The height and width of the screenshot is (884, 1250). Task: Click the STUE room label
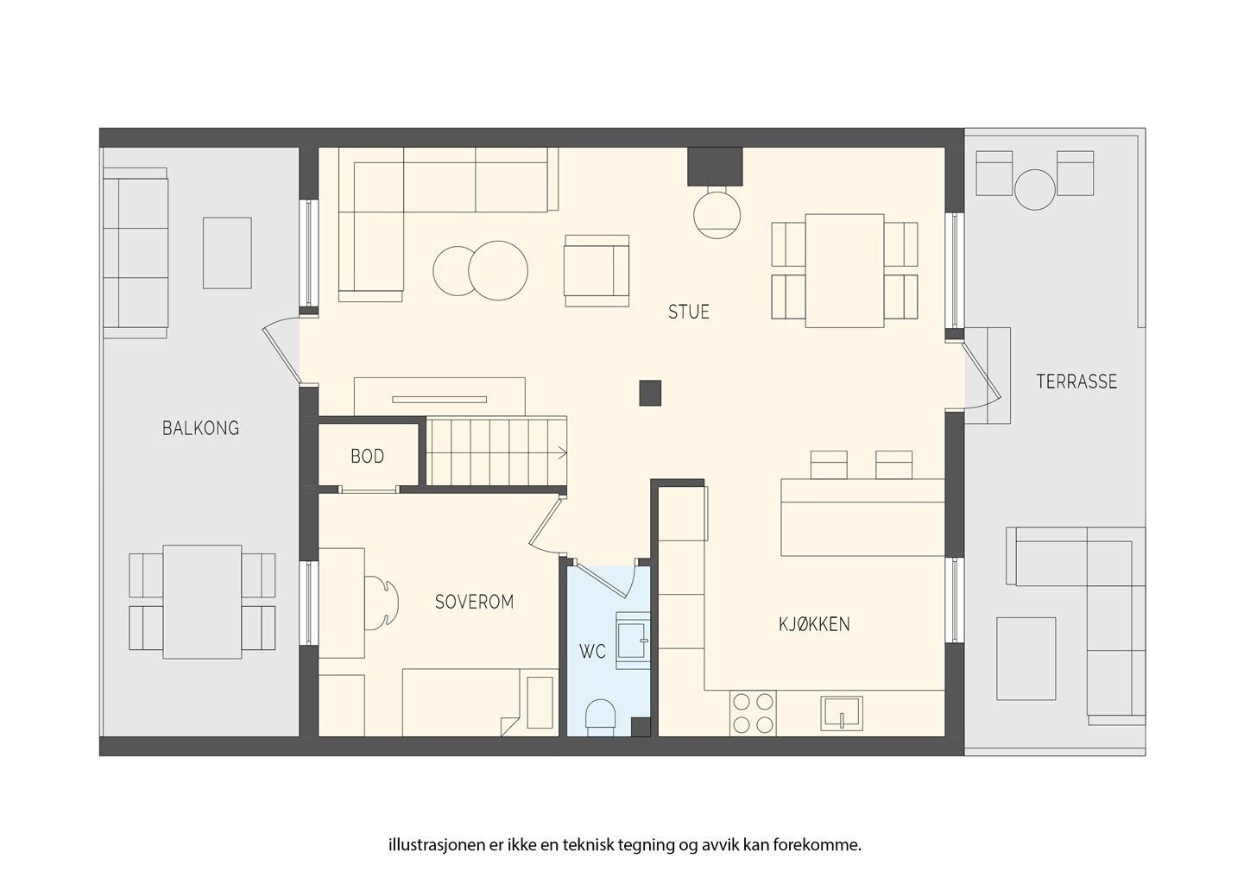(689, 312)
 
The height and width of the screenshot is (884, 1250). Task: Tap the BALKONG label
(200, 428)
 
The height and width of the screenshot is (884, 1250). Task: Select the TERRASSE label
(1076, 382)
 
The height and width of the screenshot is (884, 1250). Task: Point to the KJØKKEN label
(814, 624)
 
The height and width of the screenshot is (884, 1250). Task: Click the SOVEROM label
(474, 602)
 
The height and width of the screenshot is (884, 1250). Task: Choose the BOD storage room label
(367, 457)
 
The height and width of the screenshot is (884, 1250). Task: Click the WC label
(592, 651)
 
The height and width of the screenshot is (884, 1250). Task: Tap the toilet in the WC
(601, 716)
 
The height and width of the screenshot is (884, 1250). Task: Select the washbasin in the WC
(633, 640)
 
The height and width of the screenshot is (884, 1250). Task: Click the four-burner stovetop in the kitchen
(754, 713)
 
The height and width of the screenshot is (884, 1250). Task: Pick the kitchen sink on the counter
(842, 713)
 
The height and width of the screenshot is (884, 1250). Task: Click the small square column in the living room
(650, 393)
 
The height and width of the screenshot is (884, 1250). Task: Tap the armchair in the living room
(597, 271)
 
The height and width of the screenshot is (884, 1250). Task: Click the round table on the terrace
(1034, 189)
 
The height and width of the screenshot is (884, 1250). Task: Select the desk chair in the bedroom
(382, 603)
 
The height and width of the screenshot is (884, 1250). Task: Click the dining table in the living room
(844, 271)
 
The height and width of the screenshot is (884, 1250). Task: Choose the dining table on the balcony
(202, 603)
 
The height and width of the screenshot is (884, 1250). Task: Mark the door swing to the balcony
(281, 351)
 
